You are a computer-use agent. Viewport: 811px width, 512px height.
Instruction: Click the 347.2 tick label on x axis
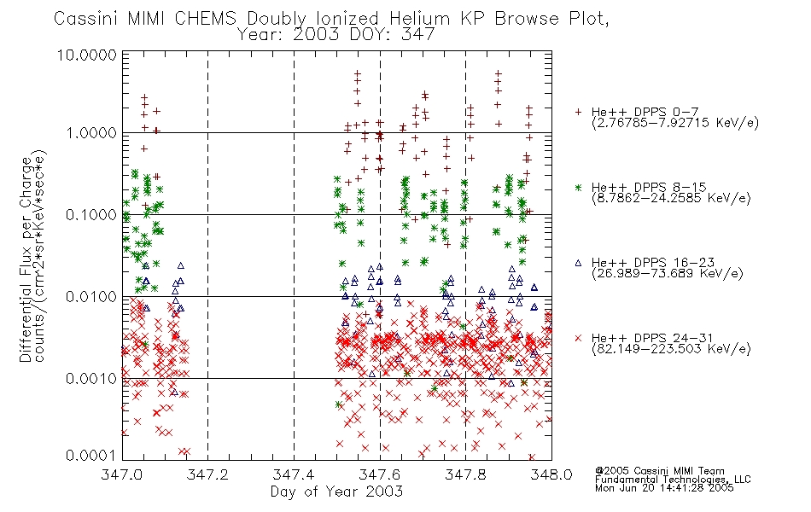pos(207,474)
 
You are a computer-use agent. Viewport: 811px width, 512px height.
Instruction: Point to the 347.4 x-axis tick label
pos(294,474)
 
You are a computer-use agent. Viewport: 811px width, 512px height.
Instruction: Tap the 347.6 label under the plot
pos(380,474)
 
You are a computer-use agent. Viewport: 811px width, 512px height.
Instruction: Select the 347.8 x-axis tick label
pos(465,474)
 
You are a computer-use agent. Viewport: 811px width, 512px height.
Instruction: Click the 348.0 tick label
pos(551,474)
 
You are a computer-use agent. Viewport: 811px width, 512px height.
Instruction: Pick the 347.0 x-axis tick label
pos(121,474)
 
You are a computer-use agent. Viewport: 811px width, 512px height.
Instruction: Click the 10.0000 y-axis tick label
pos(87,55)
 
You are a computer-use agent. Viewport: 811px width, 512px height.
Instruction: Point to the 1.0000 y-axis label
pos(91,133)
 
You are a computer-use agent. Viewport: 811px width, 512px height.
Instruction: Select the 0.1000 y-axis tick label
pos(91,215)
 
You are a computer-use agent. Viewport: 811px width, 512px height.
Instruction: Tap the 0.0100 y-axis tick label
pos(91,297)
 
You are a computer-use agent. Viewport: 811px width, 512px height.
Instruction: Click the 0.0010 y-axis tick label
pos(91,379)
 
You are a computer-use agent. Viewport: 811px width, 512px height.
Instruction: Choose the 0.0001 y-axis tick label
pos(91,455)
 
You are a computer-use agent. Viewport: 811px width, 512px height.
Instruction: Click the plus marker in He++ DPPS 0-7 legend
pos(578,112)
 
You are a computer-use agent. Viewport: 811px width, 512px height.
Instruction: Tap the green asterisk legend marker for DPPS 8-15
pos(578,187)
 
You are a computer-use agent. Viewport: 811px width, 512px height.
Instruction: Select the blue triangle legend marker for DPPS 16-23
pos(578,263)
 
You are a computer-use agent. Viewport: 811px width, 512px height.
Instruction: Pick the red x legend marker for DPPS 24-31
pos(578,338)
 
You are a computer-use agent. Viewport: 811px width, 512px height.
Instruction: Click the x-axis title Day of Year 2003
pos(336,492)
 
